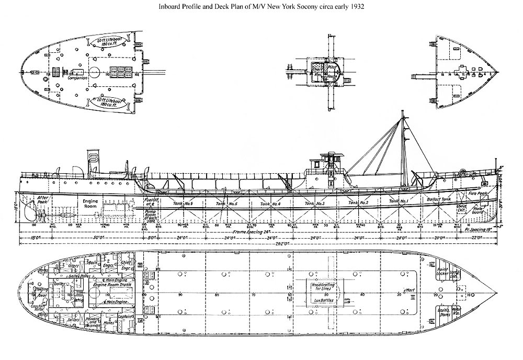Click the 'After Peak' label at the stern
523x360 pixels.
click(x=42, y=199)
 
